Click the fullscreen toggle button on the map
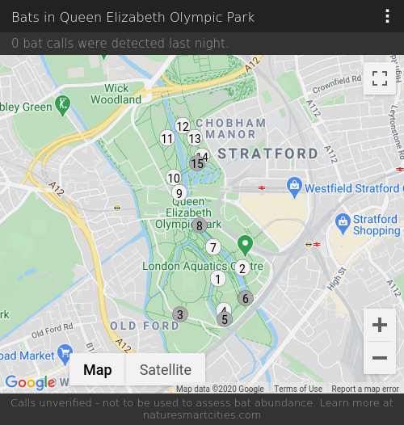point(380,78)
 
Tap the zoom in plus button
point(380,326)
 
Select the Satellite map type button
point(166,370)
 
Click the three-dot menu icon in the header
point(388,16)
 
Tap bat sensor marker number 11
point(167,138)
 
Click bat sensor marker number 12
point(183,126)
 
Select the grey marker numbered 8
point(200,225)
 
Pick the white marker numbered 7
point(213,247)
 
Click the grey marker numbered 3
point(180,314)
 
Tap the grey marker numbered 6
point(246,298)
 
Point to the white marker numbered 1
point(217,279)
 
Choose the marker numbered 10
point(174,178)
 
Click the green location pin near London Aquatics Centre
point(245,243)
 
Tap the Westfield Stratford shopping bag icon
point(295,187)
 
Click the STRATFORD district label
point(267,154)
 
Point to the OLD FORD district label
point(145,326)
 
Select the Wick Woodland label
point(116,94)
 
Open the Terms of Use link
point(298,389)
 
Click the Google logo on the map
point(30,382)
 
